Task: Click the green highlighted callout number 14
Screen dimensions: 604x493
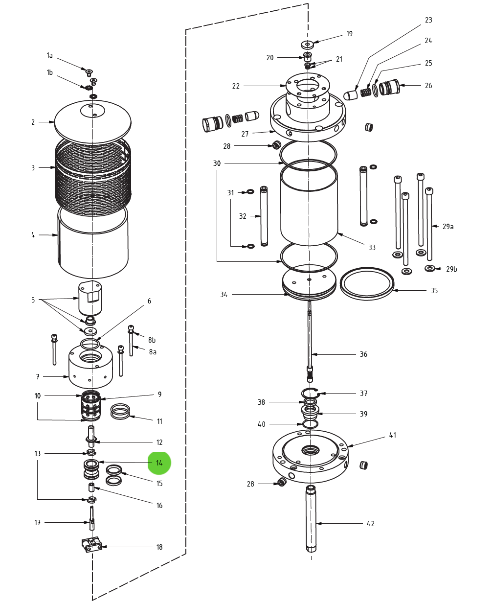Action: pos(159,463)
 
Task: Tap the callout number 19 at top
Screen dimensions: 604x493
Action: pos(349,34)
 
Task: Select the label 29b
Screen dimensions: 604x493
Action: pos(451,269)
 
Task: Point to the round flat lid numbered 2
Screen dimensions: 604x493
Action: pos(93,122)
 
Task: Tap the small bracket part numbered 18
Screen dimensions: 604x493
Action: pos(92,545)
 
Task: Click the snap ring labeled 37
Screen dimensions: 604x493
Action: pos(310,393)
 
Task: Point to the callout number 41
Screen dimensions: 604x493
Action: pos(393,435)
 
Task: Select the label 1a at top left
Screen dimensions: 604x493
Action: pos(49,55)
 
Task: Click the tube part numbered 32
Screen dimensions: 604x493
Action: pos(264,215)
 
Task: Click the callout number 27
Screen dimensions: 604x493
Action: pos(245,134)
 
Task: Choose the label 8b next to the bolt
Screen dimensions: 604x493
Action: pos(152,340)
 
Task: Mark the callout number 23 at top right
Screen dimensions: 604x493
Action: pos(428,20)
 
